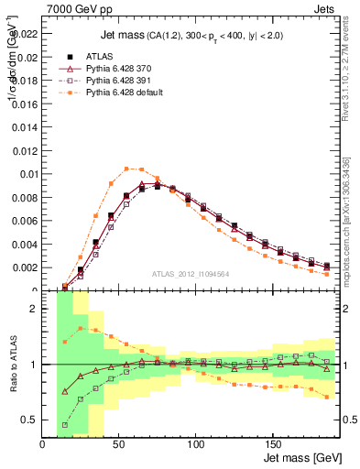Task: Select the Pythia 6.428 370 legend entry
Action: pos(110,69)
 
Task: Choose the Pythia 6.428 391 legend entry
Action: pos(110,81)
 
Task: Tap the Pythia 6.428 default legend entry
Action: pos(114,93)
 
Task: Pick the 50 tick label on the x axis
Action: pos(119,442)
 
